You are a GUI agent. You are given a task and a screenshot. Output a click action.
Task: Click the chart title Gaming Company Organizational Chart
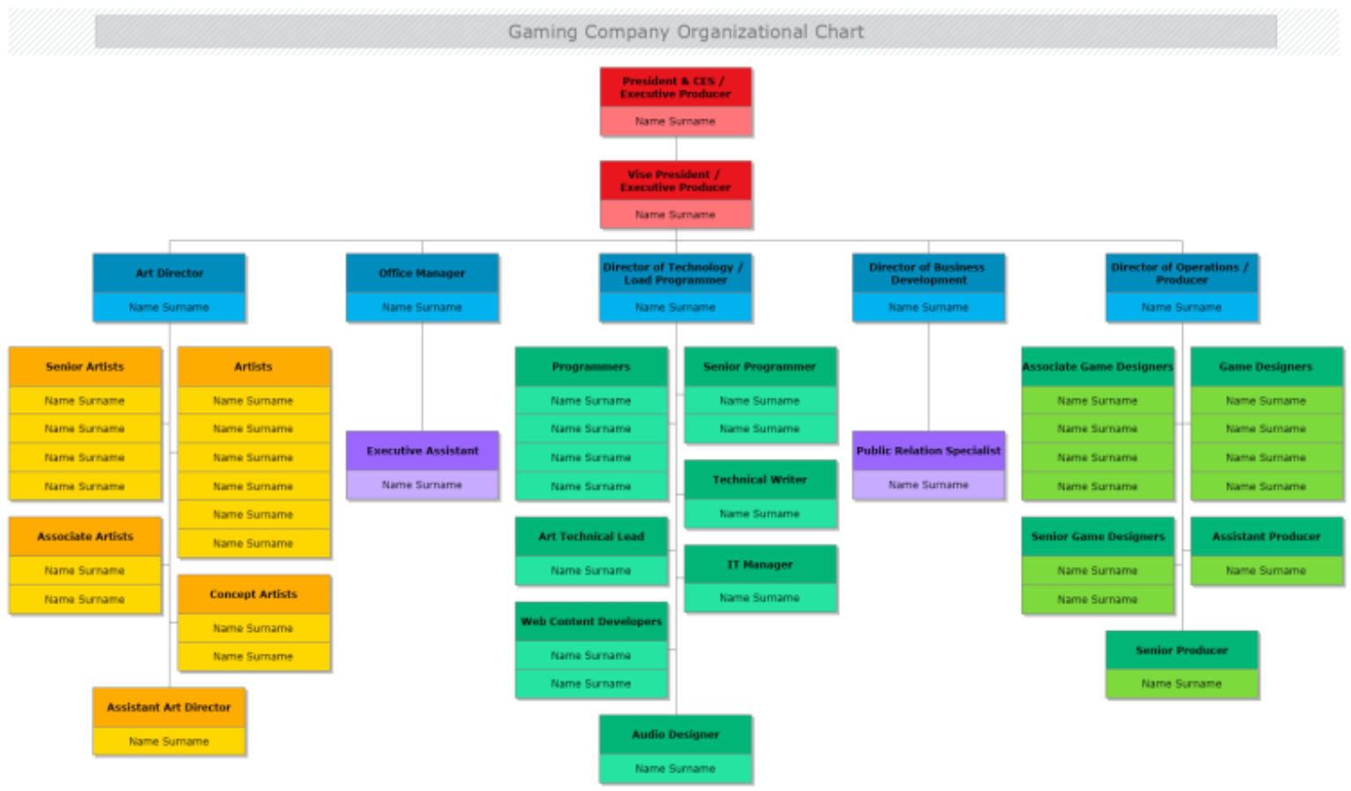685,32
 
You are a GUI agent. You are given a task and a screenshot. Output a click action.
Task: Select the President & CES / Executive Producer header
675,87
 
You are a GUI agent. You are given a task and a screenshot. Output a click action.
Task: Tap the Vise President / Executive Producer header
675,180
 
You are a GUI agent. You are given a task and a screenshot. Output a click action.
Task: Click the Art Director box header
169,272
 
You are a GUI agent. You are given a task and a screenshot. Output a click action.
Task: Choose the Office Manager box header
422,272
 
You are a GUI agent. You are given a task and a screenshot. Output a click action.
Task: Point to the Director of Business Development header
928,272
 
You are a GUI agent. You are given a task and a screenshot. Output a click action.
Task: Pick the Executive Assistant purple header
422,450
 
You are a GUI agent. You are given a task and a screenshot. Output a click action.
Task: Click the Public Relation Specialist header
928,450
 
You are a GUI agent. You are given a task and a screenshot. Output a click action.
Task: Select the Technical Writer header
760,479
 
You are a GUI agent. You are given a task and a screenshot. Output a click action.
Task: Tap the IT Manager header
760,564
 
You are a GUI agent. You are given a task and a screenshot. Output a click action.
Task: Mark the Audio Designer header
675,734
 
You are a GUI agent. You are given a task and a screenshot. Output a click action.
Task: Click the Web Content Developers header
591,621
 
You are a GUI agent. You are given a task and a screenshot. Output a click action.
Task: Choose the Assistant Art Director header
169,707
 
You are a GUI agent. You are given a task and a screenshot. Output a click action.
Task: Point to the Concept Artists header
253,594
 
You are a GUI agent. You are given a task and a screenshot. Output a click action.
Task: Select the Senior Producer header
1181,649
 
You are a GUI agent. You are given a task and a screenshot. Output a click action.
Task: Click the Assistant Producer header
1266,536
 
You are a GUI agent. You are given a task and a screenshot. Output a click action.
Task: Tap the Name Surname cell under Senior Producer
1181,684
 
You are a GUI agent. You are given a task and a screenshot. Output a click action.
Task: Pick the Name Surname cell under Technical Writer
760,513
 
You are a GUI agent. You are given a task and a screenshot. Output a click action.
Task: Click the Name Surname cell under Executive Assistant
422,484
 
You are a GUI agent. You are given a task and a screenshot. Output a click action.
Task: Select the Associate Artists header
85,536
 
